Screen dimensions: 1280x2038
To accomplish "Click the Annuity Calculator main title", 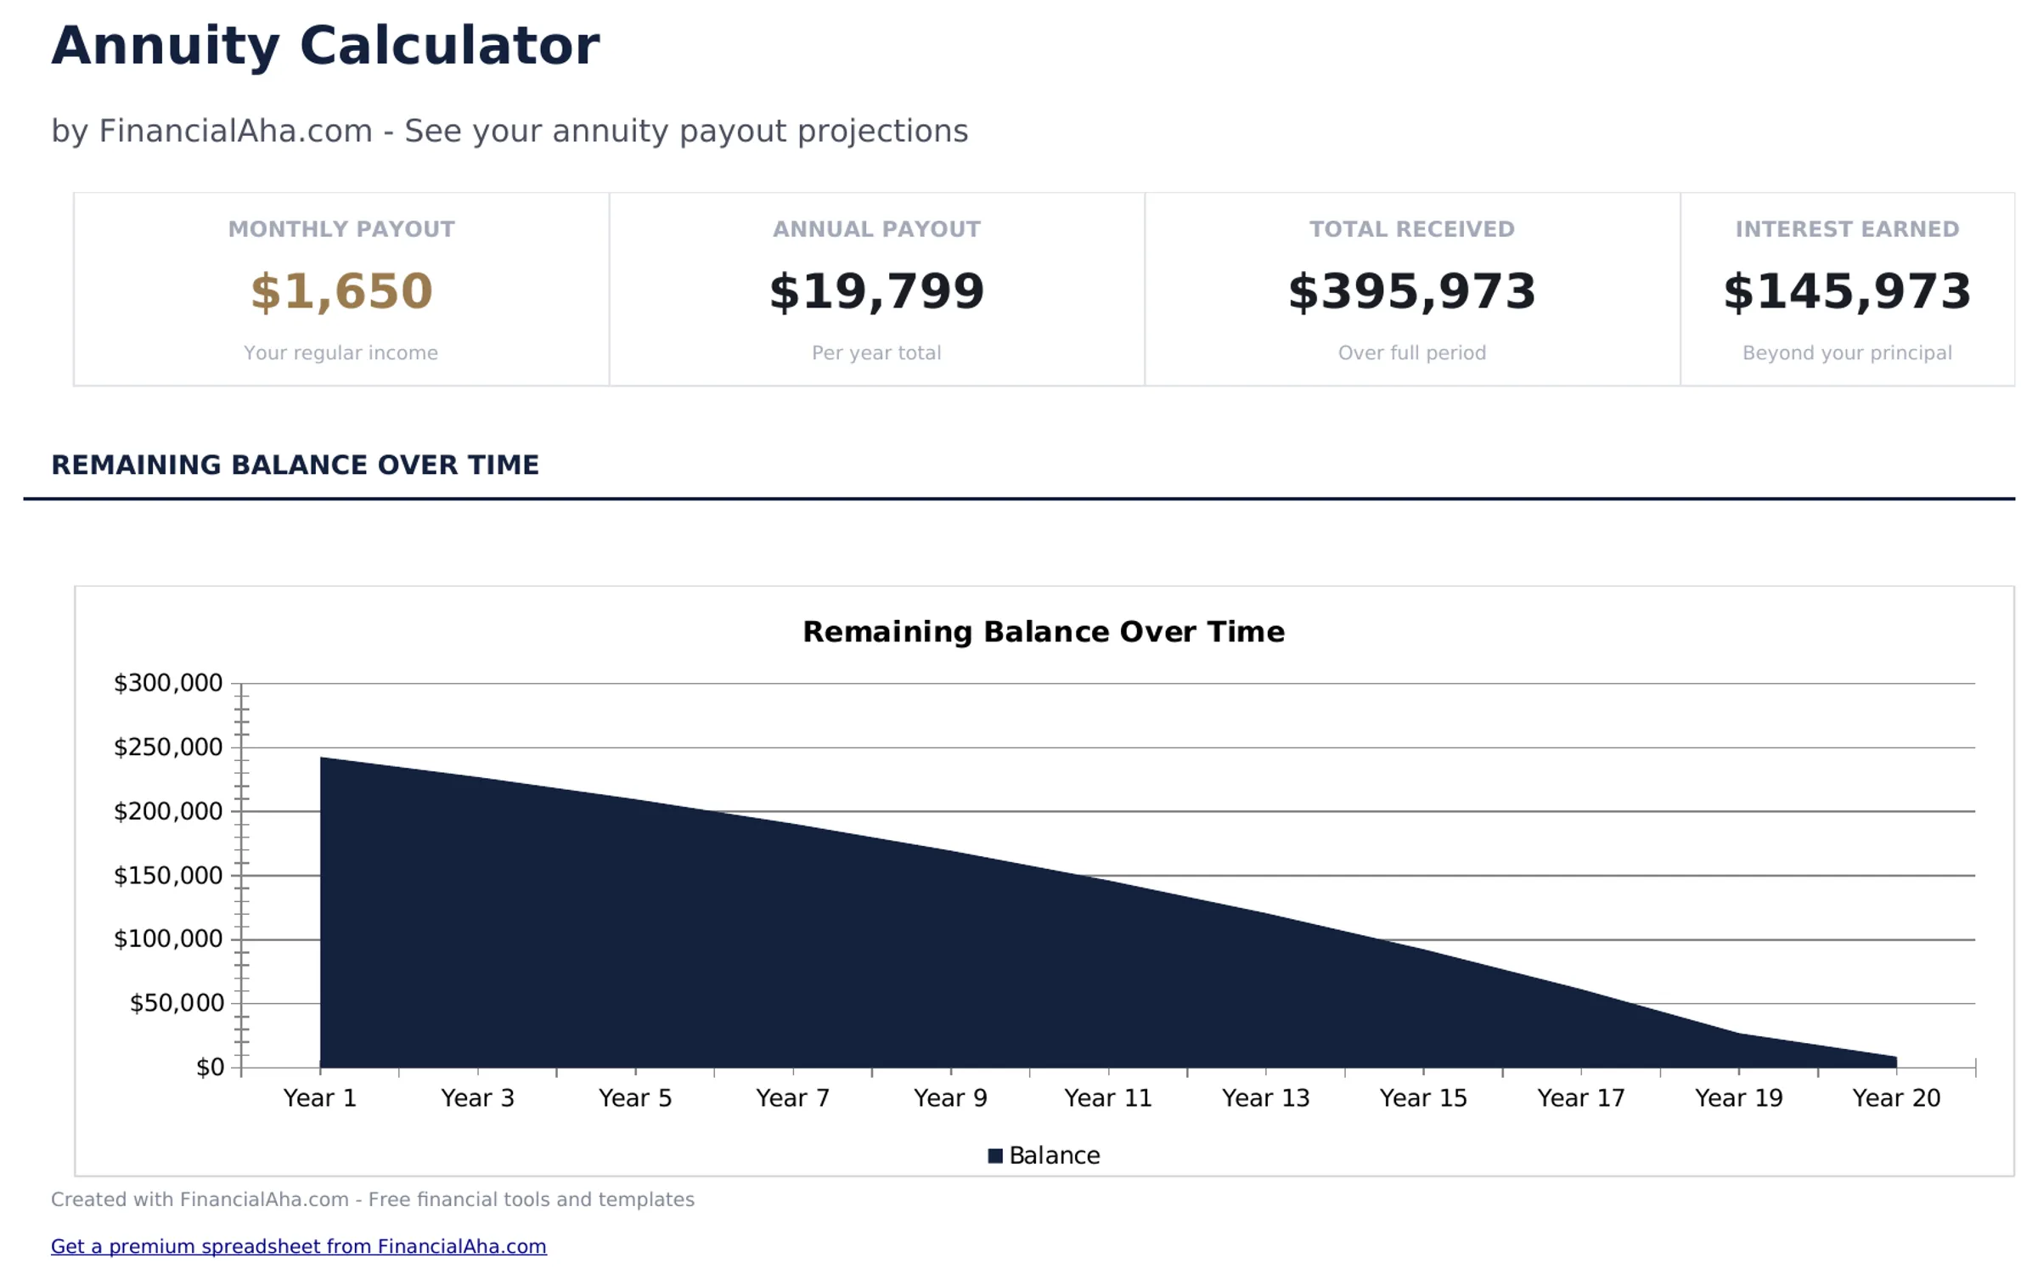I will (325, 46).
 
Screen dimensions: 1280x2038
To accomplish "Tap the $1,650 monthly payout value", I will (341, 291).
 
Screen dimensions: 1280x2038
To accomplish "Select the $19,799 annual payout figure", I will (876, 291).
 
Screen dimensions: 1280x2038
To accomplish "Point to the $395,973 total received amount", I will (1411, 291).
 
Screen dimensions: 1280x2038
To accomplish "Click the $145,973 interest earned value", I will (1846, 291).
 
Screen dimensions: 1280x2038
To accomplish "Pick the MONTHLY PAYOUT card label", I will (341, 229).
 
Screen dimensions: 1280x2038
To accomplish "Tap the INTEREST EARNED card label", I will (1846, 229).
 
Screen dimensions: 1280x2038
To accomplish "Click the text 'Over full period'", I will (1411, 352).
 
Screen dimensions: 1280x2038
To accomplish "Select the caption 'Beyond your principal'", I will (1846, 352).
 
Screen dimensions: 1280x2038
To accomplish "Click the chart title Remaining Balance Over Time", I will (1043, 632).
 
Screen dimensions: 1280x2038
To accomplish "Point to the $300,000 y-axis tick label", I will (168, 683).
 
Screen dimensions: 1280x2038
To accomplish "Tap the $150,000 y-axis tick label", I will (168, 876).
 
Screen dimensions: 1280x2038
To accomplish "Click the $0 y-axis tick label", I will (210, 1068).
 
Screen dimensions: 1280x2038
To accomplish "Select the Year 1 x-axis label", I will (319, 1098).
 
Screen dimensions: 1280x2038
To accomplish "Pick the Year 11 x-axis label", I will (1107, 1098).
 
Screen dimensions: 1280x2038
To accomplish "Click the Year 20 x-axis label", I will (1895, 1098).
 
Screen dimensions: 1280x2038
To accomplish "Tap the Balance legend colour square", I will (995, 1156).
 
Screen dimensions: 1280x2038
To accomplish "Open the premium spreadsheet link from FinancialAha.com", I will (298, 1246).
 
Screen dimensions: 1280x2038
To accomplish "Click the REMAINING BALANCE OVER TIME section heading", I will (295, 465).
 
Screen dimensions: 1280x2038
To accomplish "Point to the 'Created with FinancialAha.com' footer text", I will (372, 1199).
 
